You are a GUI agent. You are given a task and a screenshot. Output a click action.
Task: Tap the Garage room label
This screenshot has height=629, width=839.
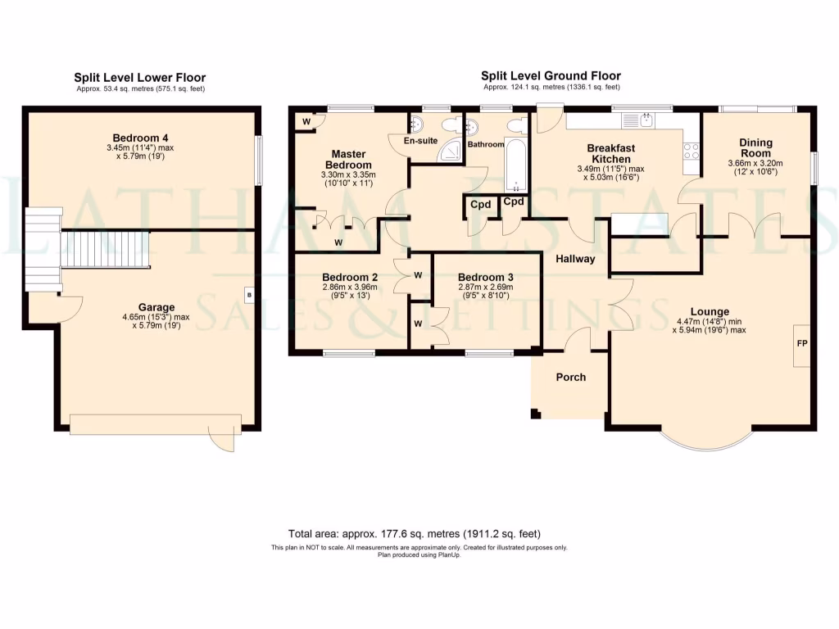coord(156,307)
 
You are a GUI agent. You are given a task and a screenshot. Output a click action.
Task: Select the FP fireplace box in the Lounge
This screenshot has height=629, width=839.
coord(801,346)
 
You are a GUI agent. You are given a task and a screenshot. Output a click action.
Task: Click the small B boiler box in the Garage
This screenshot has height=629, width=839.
coord(249,295)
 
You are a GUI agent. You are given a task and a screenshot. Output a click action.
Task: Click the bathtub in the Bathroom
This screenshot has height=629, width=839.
coord(516,165)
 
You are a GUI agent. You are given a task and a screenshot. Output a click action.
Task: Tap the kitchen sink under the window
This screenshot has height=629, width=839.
coord(637,121)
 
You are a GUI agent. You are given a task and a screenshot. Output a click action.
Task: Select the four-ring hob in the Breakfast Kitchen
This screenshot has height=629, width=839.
coord(692,152)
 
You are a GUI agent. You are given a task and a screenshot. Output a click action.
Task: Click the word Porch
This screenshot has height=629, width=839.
coord(570,377)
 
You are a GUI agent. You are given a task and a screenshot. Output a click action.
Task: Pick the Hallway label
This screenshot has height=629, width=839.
coord(575,259)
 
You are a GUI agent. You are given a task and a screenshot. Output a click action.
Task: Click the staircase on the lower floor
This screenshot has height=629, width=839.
coord(104,249)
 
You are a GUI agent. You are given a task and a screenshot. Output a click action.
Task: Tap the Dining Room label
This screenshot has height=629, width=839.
coord(755,147)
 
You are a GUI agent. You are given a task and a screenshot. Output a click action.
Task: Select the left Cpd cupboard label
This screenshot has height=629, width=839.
coord(480,204)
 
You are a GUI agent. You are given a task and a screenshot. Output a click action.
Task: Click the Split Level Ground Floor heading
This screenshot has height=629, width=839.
coord(551,76)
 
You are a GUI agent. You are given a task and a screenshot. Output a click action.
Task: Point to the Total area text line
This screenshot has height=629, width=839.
coord(414,534)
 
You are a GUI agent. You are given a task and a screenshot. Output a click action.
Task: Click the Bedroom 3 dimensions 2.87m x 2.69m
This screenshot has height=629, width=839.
coord(486,287)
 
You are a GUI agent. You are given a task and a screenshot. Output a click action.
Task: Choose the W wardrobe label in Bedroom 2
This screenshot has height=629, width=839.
coord(418,275)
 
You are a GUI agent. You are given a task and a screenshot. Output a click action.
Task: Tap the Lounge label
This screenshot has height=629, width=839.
coord(710,311)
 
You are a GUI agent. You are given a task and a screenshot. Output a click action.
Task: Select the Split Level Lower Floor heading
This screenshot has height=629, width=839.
coord(139,78)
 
